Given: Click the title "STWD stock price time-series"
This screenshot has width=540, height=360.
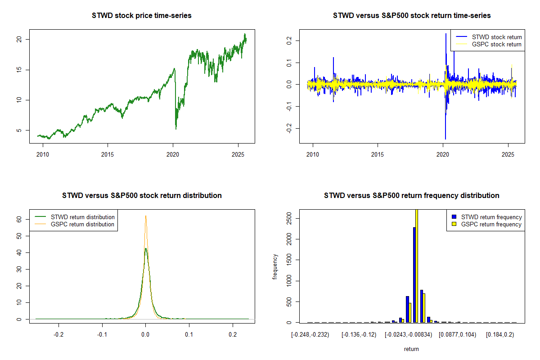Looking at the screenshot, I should coord(142,16).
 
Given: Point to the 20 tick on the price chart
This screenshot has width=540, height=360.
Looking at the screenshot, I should coord(19,39).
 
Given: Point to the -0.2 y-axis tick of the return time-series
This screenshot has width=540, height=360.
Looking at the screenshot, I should coord(289,129).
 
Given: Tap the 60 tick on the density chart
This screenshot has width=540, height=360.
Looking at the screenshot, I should coord(19,219).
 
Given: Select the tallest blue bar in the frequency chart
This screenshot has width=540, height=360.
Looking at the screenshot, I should coord(414,274).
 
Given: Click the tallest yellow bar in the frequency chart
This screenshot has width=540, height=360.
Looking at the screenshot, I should coord(417,265).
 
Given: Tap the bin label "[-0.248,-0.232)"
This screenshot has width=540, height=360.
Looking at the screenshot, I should coord(310,335).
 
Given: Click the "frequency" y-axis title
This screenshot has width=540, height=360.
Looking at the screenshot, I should coord(275,266).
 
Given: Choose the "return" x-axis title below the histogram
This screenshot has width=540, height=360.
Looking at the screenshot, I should coord(411,349).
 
